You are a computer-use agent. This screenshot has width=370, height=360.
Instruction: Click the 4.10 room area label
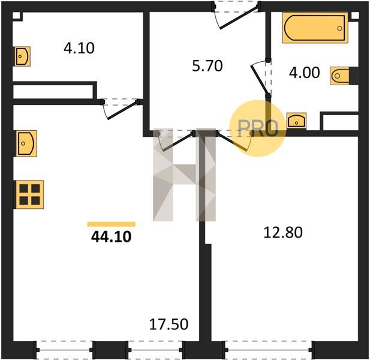point(79,48)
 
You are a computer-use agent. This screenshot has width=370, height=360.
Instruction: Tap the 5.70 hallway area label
point(207,66)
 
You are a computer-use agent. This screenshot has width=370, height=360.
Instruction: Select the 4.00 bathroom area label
point(305,73)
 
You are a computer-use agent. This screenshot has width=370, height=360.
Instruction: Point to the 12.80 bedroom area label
point(283,232)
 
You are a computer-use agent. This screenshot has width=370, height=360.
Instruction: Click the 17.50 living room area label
point(169,324)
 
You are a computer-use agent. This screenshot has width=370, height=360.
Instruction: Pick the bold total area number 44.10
point(111,237)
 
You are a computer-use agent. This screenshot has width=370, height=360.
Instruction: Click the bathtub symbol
point(315,28)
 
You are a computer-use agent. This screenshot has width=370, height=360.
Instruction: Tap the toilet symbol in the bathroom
point(339,76)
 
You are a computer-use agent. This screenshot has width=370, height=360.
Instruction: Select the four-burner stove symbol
point(30,194)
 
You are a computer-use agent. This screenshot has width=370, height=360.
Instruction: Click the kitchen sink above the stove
point(26,143)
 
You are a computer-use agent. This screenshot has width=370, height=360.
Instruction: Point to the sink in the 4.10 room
point(22,56)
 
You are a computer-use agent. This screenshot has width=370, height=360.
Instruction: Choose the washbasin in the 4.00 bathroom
point(296,121)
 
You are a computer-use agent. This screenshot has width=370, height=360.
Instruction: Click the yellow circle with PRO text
point(258,128)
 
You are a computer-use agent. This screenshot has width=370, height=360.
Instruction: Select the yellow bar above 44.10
point(111,224)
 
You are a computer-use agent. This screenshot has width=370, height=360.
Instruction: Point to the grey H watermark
point(184,175)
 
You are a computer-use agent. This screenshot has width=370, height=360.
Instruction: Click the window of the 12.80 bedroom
point(268,350)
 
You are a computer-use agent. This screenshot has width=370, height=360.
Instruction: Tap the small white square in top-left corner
point(16,16)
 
